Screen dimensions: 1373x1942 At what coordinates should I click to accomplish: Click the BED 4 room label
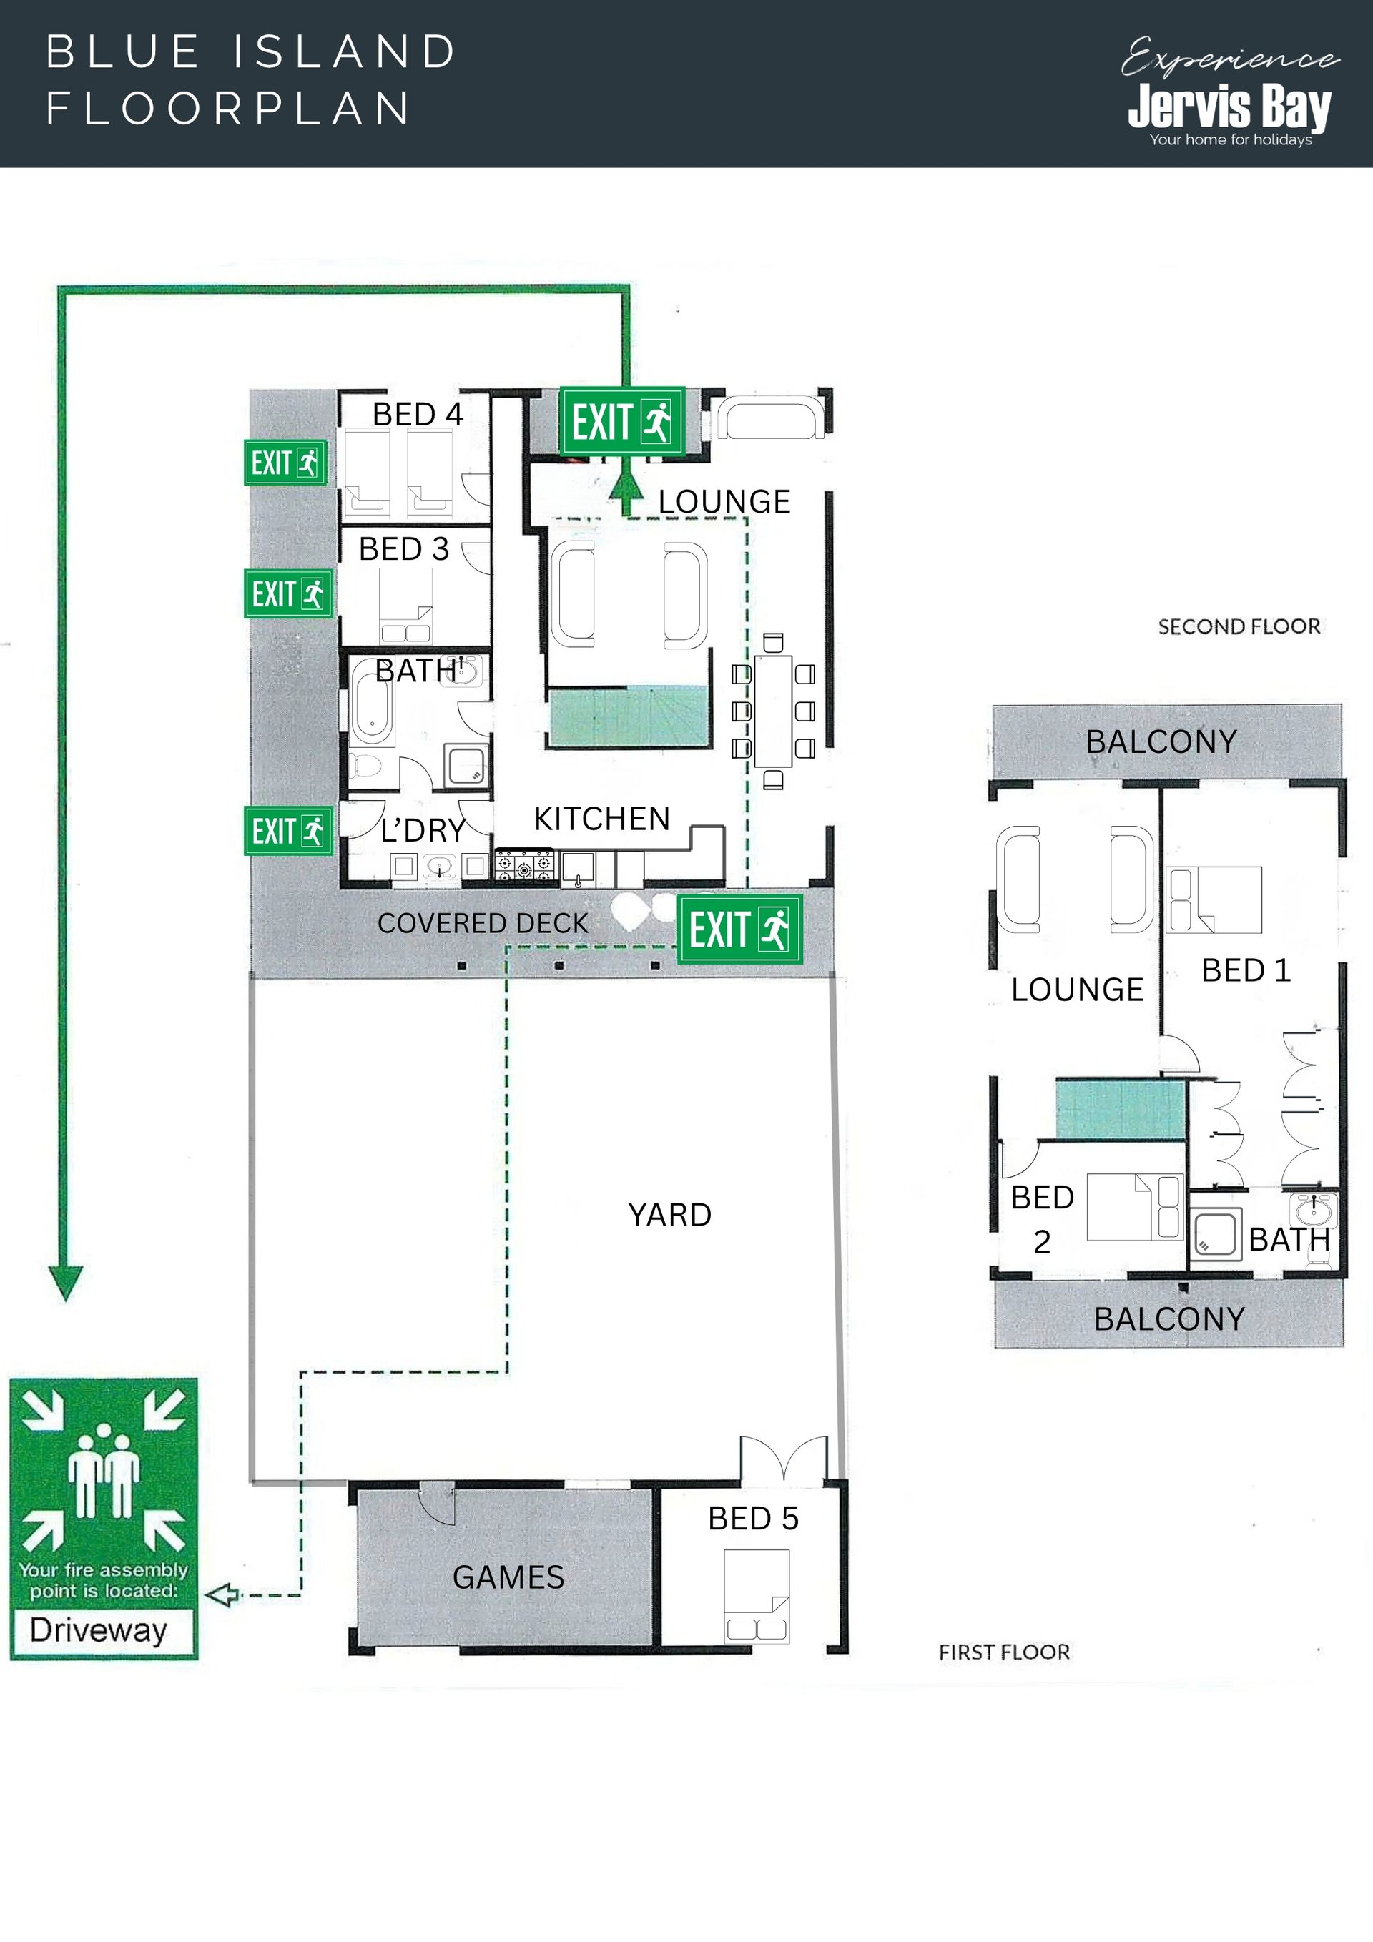coord(417,415)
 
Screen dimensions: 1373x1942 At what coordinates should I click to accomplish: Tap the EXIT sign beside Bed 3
coord(288,593)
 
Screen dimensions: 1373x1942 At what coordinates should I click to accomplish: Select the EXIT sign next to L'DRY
coord(288,831)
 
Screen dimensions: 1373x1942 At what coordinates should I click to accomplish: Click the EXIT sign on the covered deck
coord(739,930)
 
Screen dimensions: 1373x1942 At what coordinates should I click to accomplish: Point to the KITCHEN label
coord(601,819)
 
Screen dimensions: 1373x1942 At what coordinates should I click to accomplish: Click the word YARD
coord(669,1215)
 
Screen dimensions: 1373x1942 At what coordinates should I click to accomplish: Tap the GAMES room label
coord(508,1577)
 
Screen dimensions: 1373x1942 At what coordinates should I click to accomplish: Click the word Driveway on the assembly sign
coord(98,1630)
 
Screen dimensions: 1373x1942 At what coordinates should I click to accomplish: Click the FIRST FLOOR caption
coord(1004,1652)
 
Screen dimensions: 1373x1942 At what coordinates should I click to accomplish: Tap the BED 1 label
coord(1246,970)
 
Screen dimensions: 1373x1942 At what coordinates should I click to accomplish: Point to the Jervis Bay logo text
coord(1229,107)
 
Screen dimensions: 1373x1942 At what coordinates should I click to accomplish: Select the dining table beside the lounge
coord(773,711)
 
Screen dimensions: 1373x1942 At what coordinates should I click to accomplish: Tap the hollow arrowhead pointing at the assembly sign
coord(222,1595)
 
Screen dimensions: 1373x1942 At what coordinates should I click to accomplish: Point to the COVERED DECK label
coord(482,923)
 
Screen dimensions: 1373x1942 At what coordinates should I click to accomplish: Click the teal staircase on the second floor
coord(1120,1109)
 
